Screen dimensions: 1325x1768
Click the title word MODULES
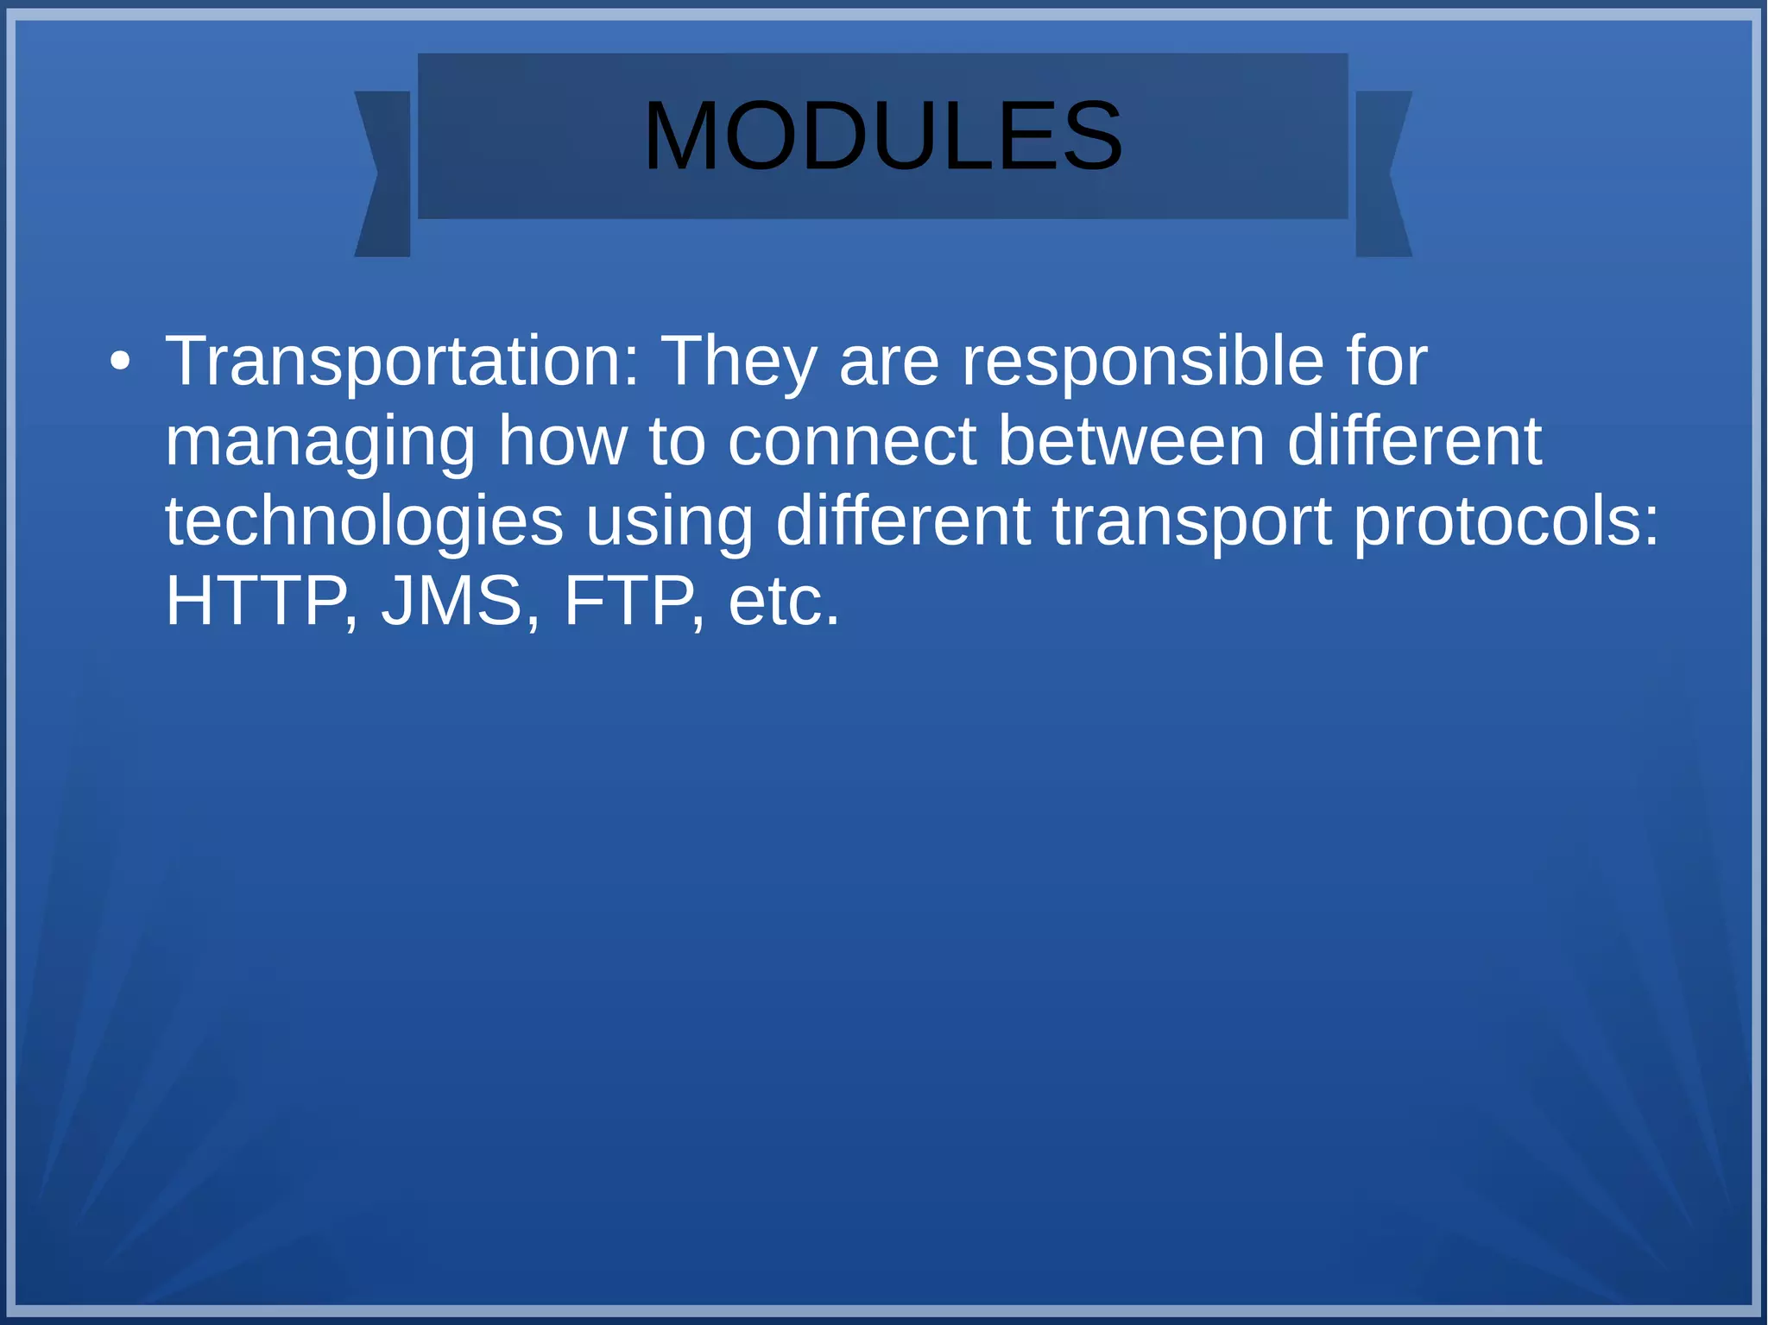click(x=882, y=136)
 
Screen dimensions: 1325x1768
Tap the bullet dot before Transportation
click(x=121, y=362)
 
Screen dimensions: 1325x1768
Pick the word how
click(x=562, y=441)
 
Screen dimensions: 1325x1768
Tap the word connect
click(x=851, y=441)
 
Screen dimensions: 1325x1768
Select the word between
click(x=1131, y=441)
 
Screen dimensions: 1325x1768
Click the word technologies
click(x=364, y=522)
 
